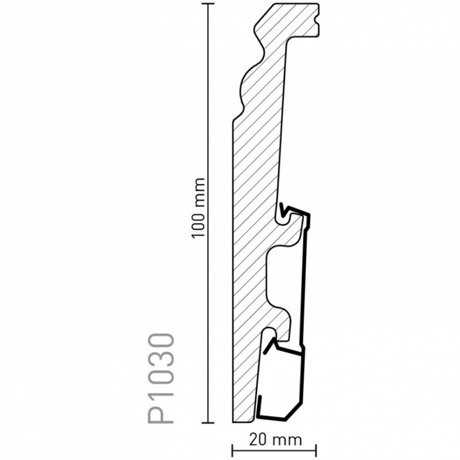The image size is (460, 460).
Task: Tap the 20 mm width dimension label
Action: (275, 440)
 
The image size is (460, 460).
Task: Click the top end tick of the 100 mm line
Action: (208, 4)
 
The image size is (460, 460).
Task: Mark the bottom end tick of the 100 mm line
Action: (208, 423)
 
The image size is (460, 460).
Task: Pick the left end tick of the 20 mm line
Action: (233, 451)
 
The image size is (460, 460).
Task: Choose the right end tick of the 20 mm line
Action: (316, 451)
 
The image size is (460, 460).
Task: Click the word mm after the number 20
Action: (288, 441)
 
